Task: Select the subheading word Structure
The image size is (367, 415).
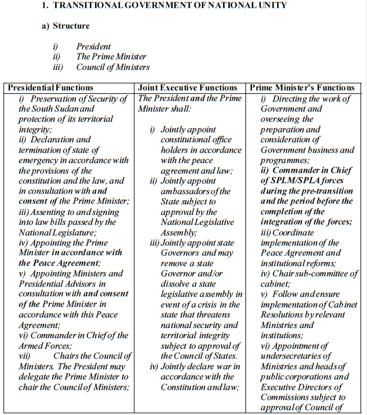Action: click(71, 26)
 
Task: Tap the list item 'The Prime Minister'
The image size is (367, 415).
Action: click(109, 56)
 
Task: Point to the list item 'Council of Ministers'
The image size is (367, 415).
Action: click(113, 67)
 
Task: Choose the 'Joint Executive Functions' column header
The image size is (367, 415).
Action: click(187, 88)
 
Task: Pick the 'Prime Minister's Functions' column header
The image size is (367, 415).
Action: click(302, 88)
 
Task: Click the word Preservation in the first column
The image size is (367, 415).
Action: click(56, 99)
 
